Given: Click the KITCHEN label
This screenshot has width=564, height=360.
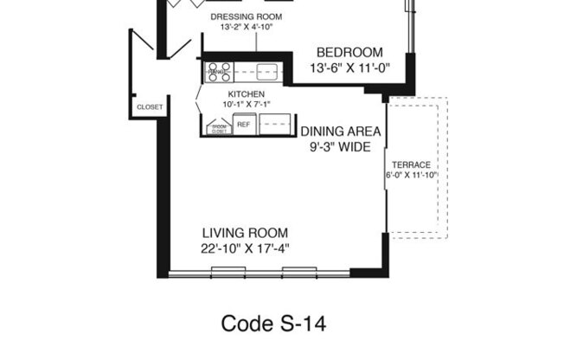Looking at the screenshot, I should (246, 93).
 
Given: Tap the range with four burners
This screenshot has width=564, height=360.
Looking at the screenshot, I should (217, 73).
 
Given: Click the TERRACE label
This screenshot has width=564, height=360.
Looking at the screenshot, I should (412, 164).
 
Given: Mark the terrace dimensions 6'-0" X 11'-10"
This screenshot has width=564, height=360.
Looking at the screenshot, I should (412, 175).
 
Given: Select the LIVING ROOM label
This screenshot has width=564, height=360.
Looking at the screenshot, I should (245, 233).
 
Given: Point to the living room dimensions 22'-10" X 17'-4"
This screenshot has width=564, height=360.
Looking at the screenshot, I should (245, 248).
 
